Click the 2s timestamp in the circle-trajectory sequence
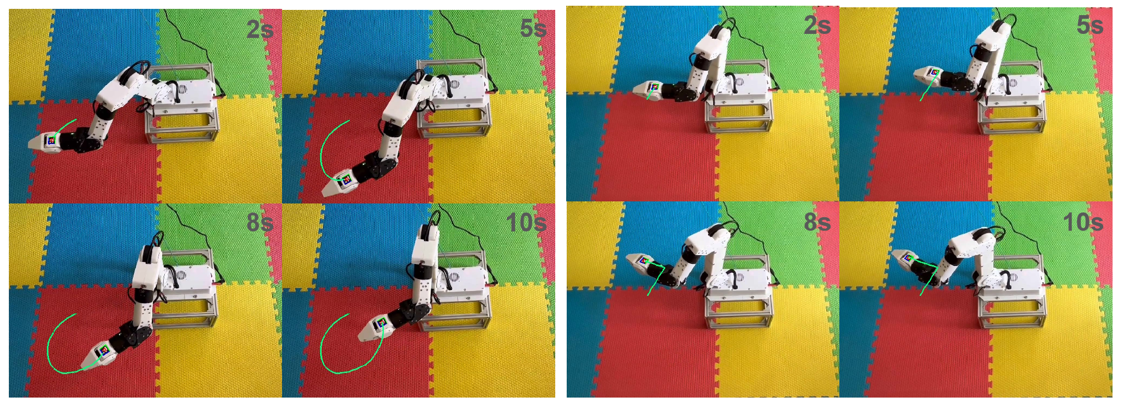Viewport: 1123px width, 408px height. click(x=260, y=29)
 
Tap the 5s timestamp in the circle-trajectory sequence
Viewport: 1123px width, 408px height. click(x=533, y=29)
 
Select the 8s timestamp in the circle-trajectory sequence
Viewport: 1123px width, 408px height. click(x=260, y=222)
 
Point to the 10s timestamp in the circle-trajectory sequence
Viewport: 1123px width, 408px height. click(x=526, y=222)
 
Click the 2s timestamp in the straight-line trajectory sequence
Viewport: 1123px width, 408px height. click(x=817, y=25)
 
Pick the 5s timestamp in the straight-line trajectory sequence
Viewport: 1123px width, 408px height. click(x=1090, y=25)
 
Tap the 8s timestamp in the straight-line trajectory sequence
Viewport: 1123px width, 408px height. click(x=817, y=222)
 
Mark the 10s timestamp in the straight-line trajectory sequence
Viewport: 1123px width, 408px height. click(x=1083, y=222)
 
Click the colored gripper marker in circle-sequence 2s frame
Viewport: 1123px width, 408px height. click(x=52, y=140)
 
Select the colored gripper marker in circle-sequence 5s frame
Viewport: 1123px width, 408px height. click(x=347, y=181)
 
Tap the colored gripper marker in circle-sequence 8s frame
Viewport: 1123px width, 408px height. click(x=105, y=350)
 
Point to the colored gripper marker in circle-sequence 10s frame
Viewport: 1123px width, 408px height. click(x=382, y=323)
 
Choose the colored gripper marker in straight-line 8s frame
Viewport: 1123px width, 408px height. click(x=645, y=259)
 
